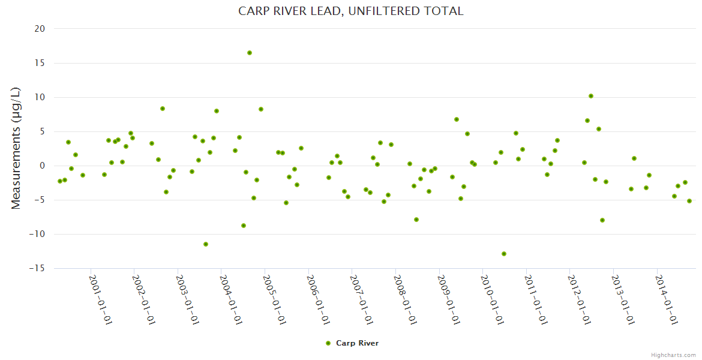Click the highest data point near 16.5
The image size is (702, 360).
coord(250,53)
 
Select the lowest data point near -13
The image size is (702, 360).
coord(504,254)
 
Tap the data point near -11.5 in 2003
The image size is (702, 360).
coord(206,244)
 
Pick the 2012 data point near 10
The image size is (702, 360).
coord(591,96)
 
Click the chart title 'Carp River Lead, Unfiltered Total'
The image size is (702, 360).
coord(351,11)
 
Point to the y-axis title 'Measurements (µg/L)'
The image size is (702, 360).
coord(16,148)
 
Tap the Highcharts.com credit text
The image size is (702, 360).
coord(673,355)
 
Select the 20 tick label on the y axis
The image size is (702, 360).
coord(40,29)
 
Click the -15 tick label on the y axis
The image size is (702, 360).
coord(37,268)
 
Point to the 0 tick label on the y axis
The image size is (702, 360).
coord(43,166)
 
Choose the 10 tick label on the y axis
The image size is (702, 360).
coord(40,97)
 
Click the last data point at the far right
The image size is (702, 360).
coord(689,201)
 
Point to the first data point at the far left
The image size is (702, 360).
coord(59,181)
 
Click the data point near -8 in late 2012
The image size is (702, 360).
coord(602,220)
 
